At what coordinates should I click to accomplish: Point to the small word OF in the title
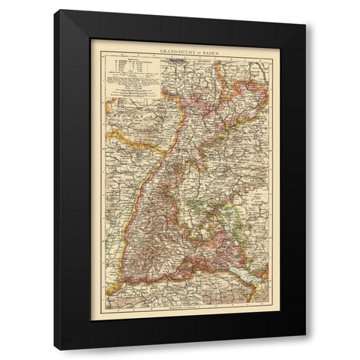tap(187, 50)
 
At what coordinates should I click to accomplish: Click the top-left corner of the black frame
tap(55, 10)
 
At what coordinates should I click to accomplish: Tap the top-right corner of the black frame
tap(306, 24)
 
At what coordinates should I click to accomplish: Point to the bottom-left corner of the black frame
tap(55, 350)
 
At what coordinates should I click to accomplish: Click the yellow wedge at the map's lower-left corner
tap(112, 288)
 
